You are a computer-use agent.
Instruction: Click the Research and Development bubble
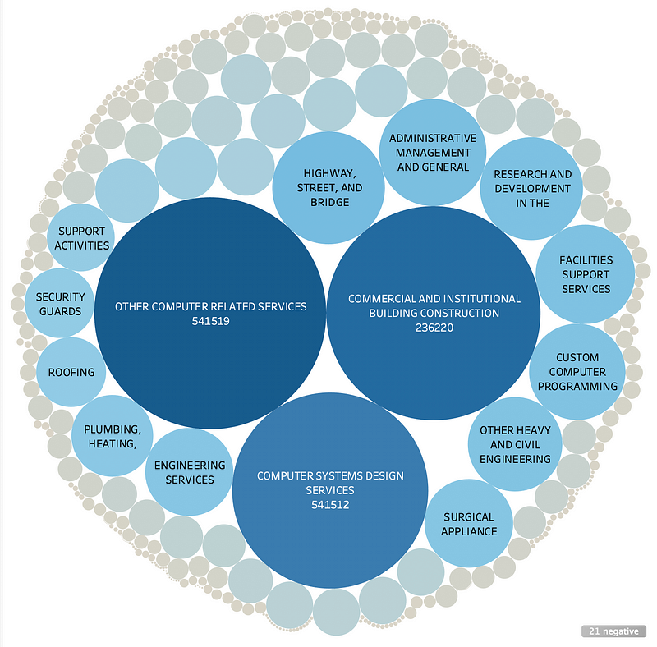531,189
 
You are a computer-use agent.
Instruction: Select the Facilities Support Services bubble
586,273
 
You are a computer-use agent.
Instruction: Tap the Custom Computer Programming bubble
577,372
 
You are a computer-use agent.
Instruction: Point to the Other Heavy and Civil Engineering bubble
515,444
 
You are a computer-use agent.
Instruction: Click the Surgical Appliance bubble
469,524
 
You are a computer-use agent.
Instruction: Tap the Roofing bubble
71,372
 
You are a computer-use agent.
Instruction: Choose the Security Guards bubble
59,304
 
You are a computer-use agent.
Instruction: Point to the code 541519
210,321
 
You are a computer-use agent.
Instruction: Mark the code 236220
434,328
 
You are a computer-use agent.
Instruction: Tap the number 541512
330,504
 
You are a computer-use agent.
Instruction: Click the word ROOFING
71,372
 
